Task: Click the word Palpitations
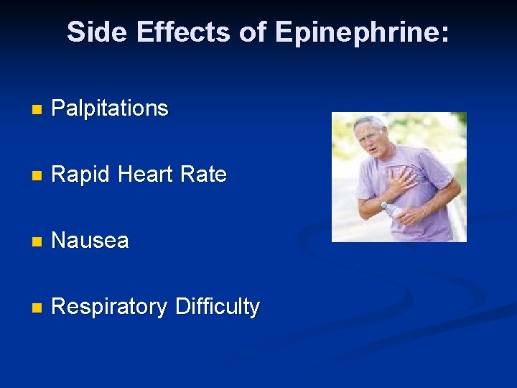pyautogui.click(x=110, y=108)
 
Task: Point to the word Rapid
pyautogui.click(x=79, y=175)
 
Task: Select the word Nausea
pyautogui.click(x=90, y=241)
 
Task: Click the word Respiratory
pyautogui.click(x=108, y=307)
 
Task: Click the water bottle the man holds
pyautogui.click(x=391, y=211)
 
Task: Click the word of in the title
pyautogui.click(x=253, y=32)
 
